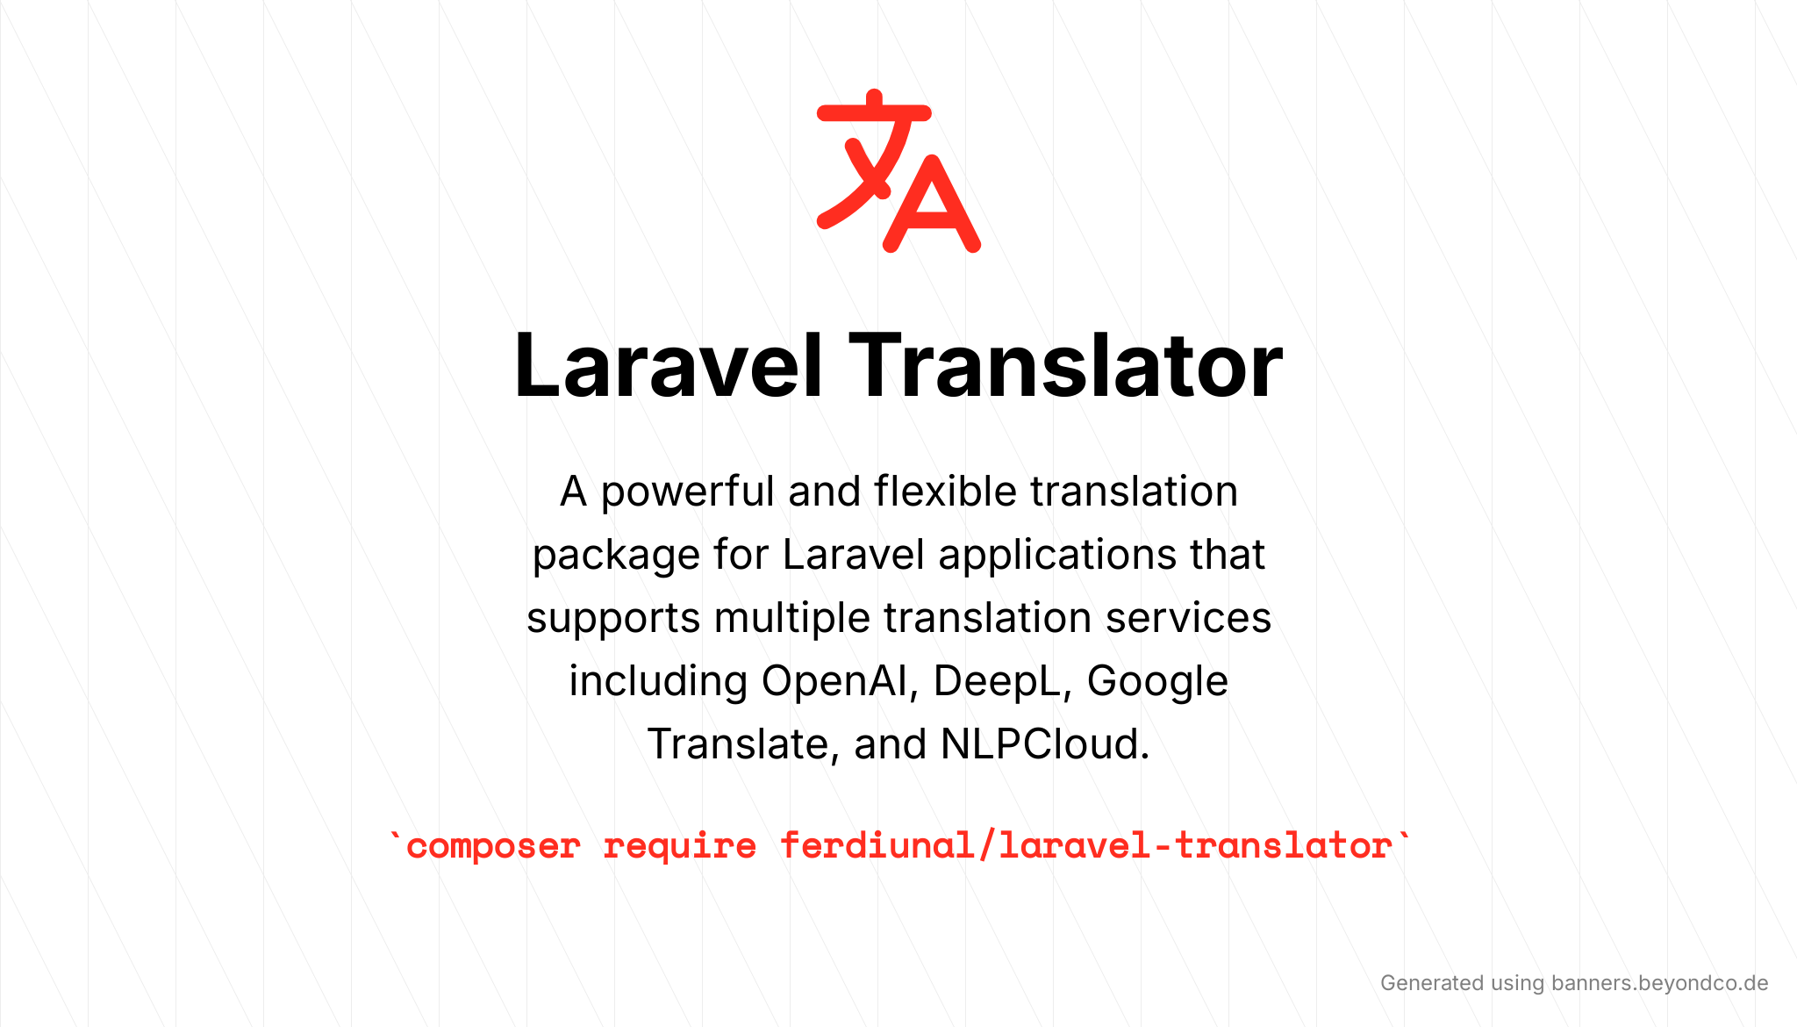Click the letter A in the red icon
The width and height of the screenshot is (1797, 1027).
click(x=932, y=204)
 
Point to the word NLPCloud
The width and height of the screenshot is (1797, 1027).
click(x=1045, y=744)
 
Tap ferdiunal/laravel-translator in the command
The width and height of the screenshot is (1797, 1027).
click(x=1086, y=845)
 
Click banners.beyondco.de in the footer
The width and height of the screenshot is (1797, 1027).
click(x=1659, y=983)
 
